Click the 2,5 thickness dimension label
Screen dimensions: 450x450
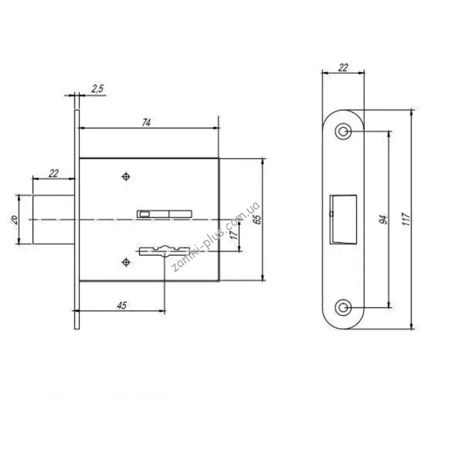97,88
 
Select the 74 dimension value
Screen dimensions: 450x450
146,122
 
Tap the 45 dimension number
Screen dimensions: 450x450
121,305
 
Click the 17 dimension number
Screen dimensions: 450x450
234,234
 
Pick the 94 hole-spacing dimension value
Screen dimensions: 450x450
383,219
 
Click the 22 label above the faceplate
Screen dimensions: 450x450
343,67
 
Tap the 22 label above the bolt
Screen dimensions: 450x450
53,173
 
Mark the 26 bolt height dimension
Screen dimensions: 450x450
14,219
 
